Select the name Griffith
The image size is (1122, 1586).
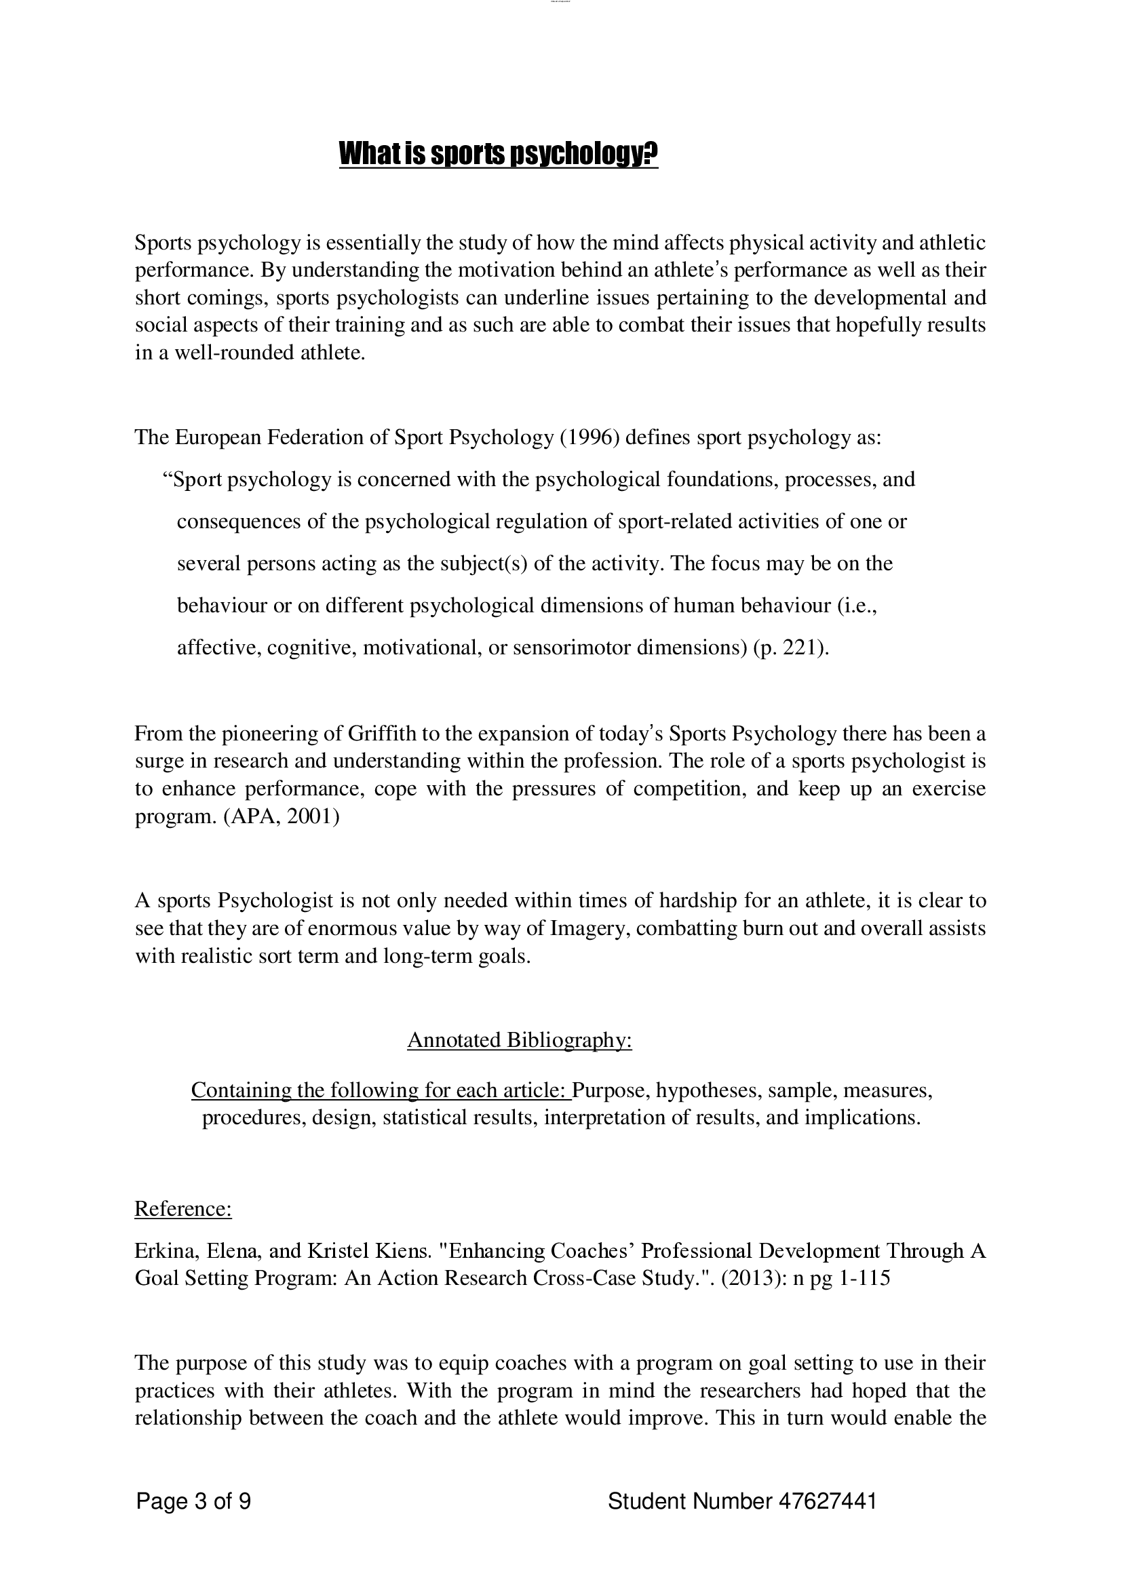[380, 733]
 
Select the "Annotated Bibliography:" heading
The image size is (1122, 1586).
[520, 1039]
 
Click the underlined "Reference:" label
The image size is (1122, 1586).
[182, 1208]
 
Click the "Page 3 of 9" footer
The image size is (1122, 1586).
[193, 1501]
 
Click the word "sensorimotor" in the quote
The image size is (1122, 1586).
[568, 648]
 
